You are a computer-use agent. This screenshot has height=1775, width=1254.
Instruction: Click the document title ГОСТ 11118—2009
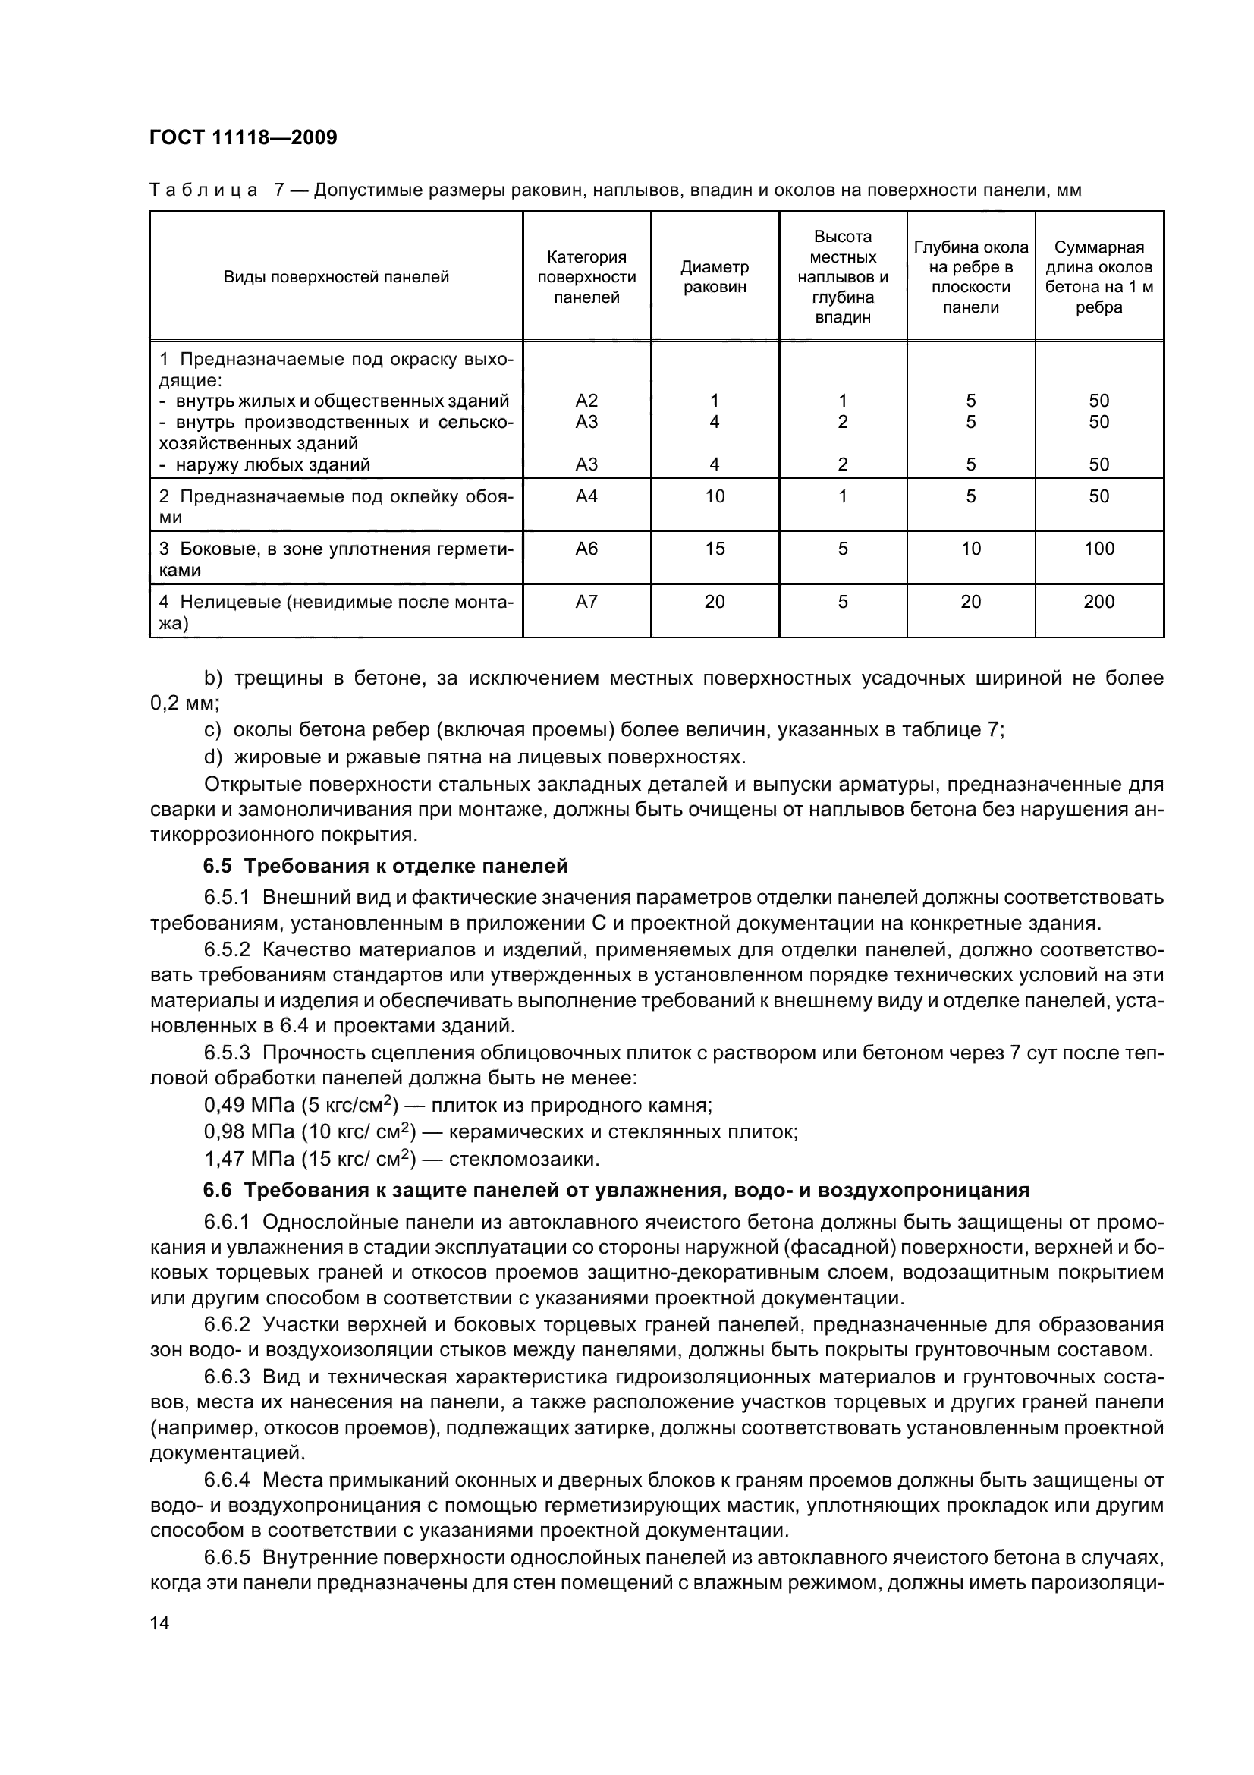coord(244,137)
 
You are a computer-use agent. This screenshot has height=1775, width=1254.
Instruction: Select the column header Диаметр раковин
coord(714,277)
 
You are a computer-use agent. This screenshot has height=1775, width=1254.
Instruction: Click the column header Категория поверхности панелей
coord(586,277)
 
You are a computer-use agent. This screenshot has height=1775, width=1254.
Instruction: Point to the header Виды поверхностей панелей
coord(336,277)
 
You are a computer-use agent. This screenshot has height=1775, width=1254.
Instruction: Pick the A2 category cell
coord(586,401)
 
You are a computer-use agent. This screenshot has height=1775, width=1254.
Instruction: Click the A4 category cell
coord(586,496)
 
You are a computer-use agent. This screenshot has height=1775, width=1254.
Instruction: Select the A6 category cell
coord(586,549)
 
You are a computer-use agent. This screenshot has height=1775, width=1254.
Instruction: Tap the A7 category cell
coord(586,602)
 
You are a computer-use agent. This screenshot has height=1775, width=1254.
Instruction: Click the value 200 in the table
coord(1098,602)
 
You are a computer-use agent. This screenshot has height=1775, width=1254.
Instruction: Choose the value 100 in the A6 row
coord(1098,549)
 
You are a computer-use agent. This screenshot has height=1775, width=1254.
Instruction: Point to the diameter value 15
coord(715,549)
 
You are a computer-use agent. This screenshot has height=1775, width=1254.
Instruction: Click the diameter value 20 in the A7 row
coord(715,602)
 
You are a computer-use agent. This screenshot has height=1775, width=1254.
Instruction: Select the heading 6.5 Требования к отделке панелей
coord(385,866)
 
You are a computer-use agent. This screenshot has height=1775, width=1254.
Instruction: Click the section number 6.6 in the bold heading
coord(218,1190)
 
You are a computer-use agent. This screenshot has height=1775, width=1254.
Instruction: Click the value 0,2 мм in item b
coord(184,703)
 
